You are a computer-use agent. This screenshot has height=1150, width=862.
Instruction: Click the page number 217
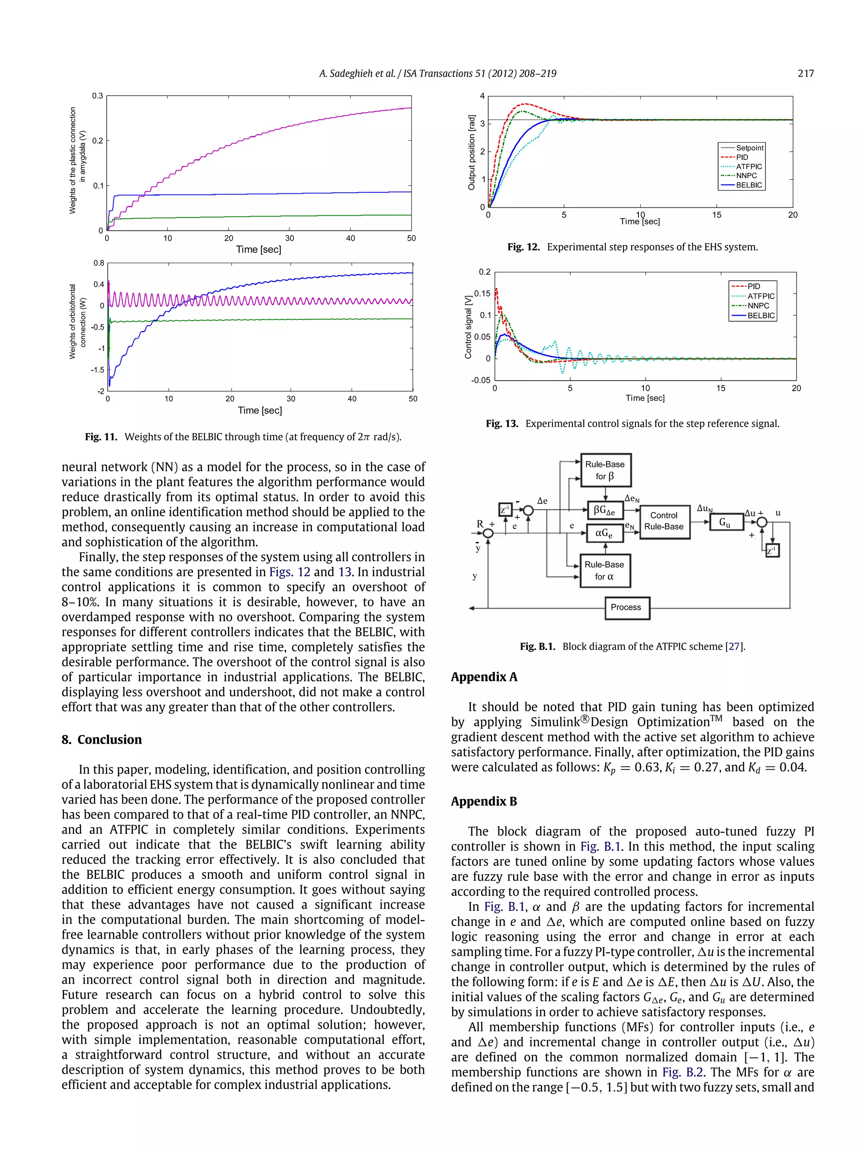coord(805,73)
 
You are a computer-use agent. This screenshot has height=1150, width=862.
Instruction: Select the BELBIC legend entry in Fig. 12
coord(748,185)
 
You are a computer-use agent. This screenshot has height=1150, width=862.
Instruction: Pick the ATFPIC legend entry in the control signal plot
coord(761,296)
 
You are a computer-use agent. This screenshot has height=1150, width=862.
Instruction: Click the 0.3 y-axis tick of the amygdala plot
coord(97,96)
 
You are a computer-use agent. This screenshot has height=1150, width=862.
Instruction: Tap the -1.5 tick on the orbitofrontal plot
coord(97,370)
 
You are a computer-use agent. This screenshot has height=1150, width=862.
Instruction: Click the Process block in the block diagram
coord(627,607)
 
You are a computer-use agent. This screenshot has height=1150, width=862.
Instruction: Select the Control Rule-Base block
coord(664,521)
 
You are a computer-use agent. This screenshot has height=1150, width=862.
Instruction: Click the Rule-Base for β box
coord(605,470)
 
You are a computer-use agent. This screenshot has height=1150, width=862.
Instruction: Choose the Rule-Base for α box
coord(604,570)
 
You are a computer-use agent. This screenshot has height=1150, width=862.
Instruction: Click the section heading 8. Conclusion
coord(102,739)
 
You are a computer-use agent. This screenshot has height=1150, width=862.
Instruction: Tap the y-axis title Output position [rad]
coord(472,152)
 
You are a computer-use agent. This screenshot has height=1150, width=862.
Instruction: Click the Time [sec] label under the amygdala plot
coord(258,250)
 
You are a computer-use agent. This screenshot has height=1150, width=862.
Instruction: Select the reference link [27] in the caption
coord(734,646)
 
